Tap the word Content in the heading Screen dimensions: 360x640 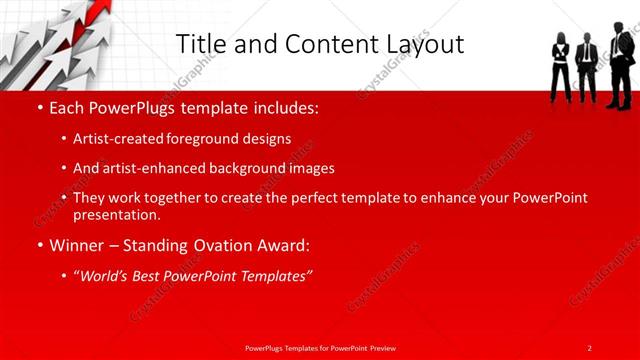322,44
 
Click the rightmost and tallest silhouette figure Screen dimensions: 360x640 620,65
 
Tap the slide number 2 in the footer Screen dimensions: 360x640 589,347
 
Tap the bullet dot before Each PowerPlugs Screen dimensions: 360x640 40,106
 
